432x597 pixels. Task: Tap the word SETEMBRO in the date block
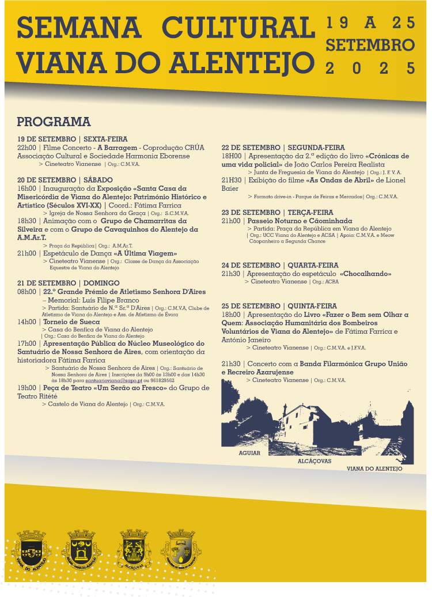pyautogui.click(x=370, y=45)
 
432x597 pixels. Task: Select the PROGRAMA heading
pyautogui.click(x=54, y=122)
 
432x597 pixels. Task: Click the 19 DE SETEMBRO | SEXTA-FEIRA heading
pyautogui.click(x=72, y=139)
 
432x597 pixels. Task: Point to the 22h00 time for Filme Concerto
pyautogui.click(x=26, y=148)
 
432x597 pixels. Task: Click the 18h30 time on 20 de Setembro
pyautogui.click(x=26, y=221)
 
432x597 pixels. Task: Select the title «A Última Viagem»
pyautogui.click(x=145, y=253)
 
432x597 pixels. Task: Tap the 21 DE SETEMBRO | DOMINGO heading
pyautogui.click(x=69, y=284)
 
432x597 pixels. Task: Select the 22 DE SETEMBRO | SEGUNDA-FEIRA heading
pyautogui.click(x=283, y=148)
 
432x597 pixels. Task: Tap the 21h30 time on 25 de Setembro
pyautogui.click(x=231, y=364)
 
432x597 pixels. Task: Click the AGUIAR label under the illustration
pyautogui.click(x=249, y=453)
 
